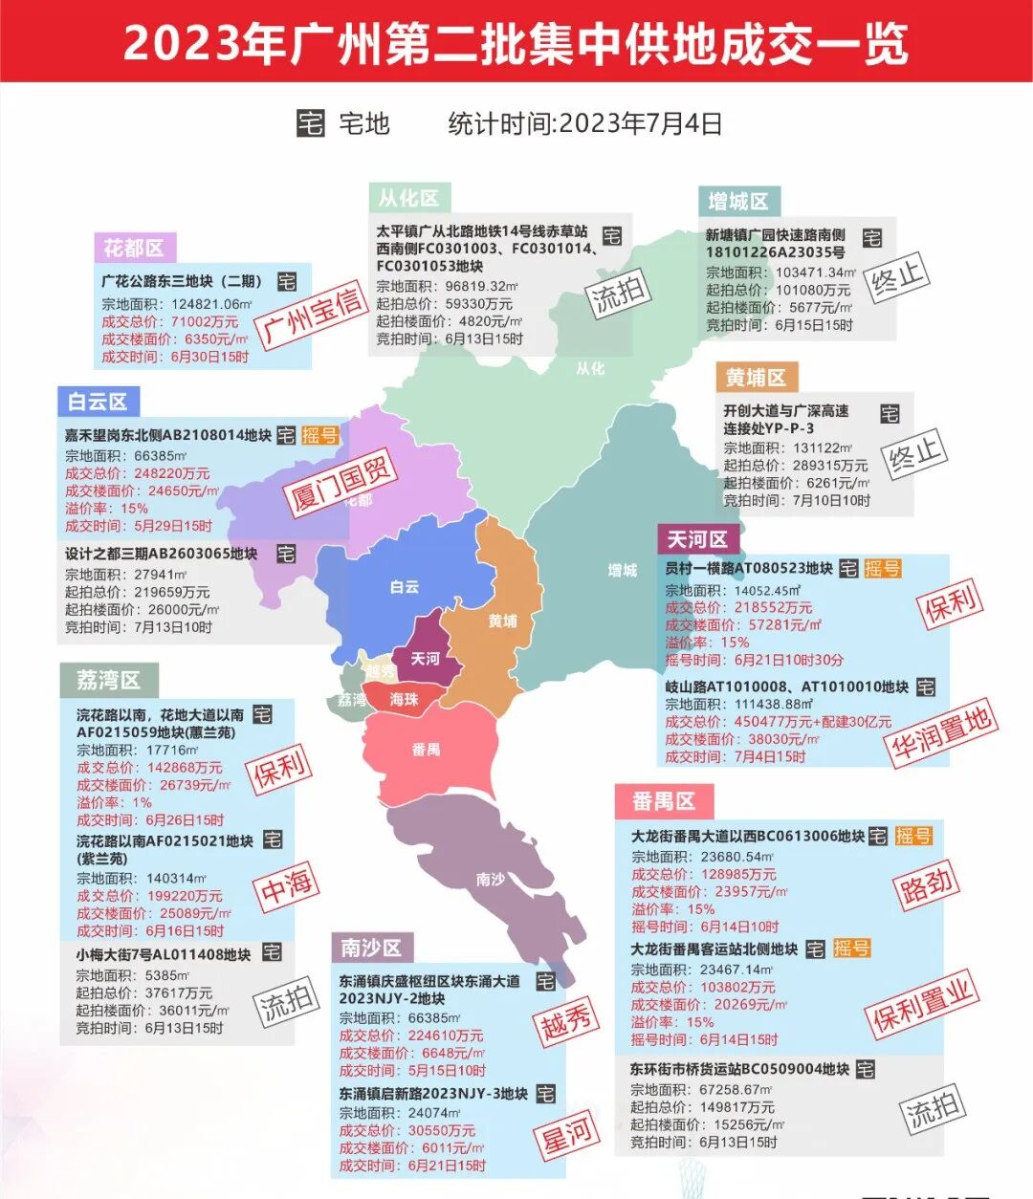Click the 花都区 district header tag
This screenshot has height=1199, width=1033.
coord(134,249)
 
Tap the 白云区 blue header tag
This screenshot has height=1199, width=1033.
coord(98,402)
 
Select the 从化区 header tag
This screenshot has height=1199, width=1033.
coord(408,198)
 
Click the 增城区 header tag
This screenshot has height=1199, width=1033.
coord(738,202)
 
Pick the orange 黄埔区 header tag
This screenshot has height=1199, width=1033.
coord(756,378)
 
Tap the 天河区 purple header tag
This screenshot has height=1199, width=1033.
coord(697,540)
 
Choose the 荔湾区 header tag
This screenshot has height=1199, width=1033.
coord(109,680)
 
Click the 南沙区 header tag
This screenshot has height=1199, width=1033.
coord(372,948)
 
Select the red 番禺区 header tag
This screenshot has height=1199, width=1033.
coord(664,801)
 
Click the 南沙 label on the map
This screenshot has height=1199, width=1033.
coord(491,879)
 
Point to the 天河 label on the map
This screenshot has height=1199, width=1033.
coord(426,659)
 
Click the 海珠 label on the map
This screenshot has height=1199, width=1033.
coord(405,700)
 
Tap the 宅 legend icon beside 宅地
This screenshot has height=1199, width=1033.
coord(311,123)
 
